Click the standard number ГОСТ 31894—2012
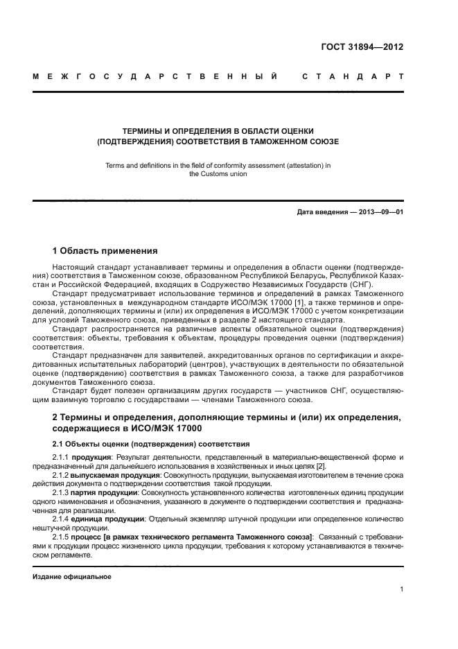362,48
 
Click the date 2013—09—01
380,211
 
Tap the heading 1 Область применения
105,250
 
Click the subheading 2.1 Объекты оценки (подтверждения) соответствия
151,443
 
